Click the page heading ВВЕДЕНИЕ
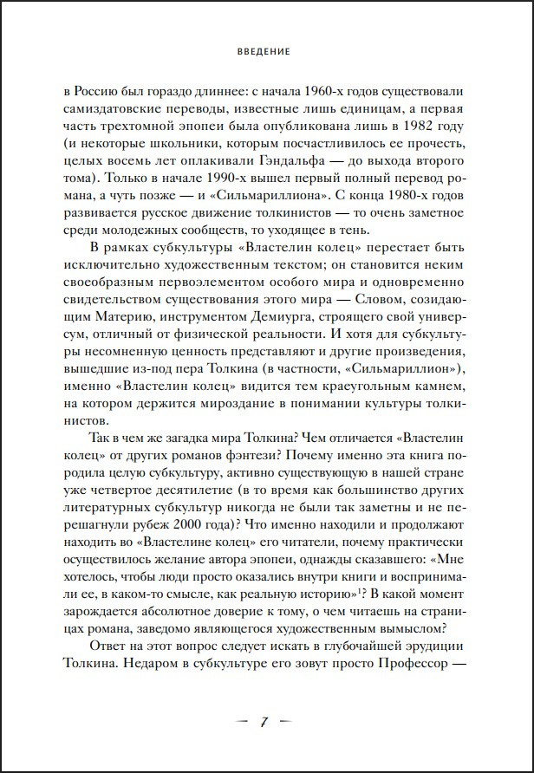(266, 52)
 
